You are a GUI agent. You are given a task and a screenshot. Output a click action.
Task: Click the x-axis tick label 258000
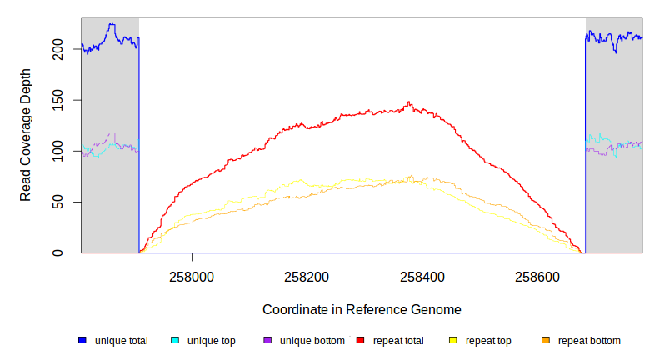click(192, 276)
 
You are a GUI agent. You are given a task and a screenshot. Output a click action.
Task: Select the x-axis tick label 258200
click(307, 276)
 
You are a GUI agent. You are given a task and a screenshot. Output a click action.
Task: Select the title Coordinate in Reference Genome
click(362, 309)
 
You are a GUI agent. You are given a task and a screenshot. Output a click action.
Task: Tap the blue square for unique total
click(82, 340)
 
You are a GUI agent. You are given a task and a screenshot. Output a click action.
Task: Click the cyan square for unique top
click(175, 340)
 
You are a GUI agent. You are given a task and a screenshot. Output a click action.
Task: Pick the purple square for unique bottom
click(267, 340)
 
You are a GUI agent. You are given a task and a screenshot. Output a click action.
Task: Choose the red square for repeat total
click(360, 340)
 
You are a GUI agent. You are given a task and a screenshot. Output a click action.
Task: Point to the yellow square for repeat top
click(453, 340)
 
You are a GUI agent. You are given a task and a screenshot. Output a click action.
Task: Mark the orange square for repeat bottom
click(546, 340)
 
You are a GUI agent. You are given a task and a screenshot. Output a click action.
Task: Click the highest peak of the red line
click(408, 102)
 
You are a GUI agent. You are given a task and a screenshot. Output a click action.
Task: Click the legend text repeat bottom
click(589, 340)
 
